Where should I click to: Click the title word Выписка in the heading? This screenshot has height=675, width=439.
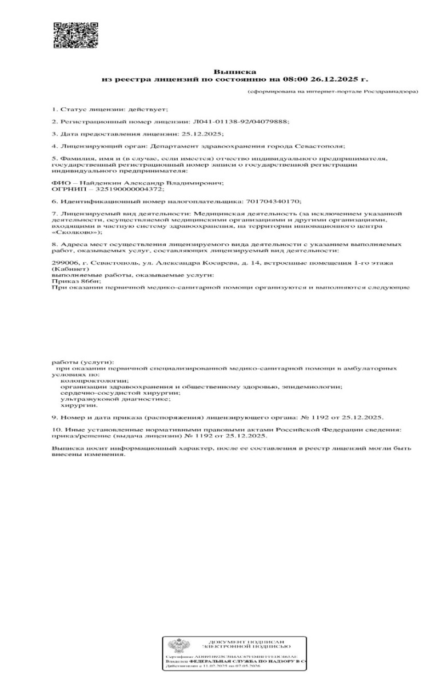tap(228, 72)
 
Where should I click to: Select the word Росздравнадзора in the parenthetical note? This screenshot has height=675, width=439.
tap(393, 91)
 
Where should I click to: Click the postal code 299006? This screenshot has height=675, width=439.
tap(64, 263)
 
